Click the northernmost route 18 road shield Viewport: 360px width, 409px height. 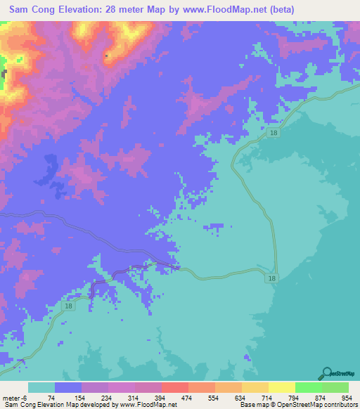272,132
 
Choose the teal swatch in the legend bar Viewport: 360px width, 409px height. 41,388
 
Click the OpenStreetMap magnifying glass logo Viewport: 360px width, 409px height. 326,373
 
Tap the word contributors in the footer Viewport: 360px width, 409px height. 337,404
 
